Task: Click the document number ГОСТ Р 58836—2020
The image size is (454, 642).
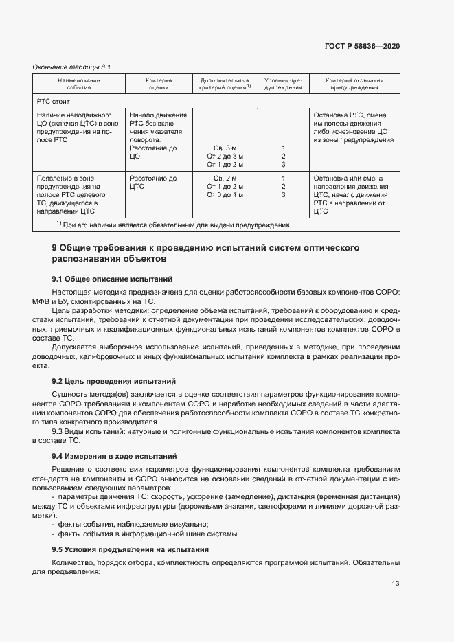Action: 361,46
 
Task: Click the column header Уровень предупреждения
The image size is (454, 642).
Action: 283,84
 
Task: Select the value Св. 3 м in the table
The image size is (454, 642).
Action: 225,148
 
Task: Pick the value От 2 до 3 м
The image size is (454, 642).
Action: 225,156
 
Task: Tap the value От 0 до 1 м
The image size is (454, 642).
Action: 225,195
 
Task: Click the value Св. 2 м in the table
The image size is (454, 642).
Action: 225,179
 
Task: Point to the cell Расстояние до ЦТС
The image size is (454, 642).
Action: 153,183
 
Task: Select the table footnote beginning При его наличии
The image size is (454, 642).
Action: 174,225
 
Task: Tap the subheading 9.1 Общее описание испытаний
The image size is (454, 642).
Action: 112,279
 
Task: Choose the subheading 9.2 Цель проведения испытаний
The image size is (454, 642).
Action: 115,380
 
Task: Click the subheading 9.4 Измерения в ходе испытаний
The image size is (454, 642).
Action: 115,456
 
